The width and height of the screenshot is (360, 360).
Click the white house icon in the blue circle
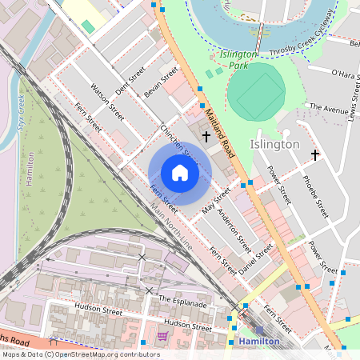tap(180, 173)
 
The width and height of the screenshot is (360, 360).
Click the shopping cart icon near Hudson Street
tap(162, 336)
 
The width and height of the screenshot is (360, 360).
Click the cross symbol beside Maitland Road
tap(206, 137)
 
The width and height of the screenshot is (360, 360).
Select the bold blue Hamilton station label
tap(259, 342)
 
